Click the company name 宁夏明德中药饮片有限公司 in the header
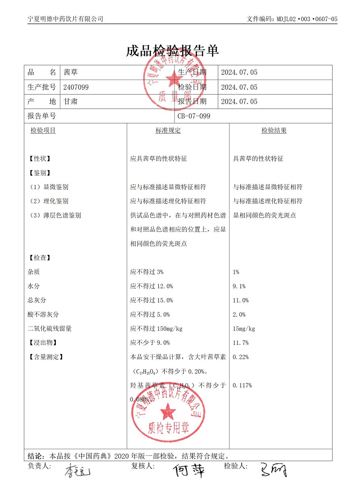click(65, 19)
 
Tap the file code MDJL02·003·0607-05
click(306, 19)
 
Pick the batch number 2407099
click(76, 87)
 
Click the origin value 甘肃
click(71, 101)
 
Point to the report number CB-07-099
click(194, 116)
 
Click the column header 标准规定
click(168, 131)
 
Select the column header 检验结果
click(274, 131)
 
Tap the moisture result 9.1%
click(239, 286)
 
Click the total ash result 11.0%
click(241, 300)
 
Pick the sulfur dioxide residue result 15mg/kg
click(244, 328)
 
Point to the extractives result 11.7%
click(241, 343)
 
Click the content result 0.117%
click(242, 385)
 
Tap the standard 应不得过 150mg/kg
click(156, 328)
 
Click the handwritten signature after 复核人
click(189, 470)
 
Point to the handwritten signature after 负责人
click(77, 471)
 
